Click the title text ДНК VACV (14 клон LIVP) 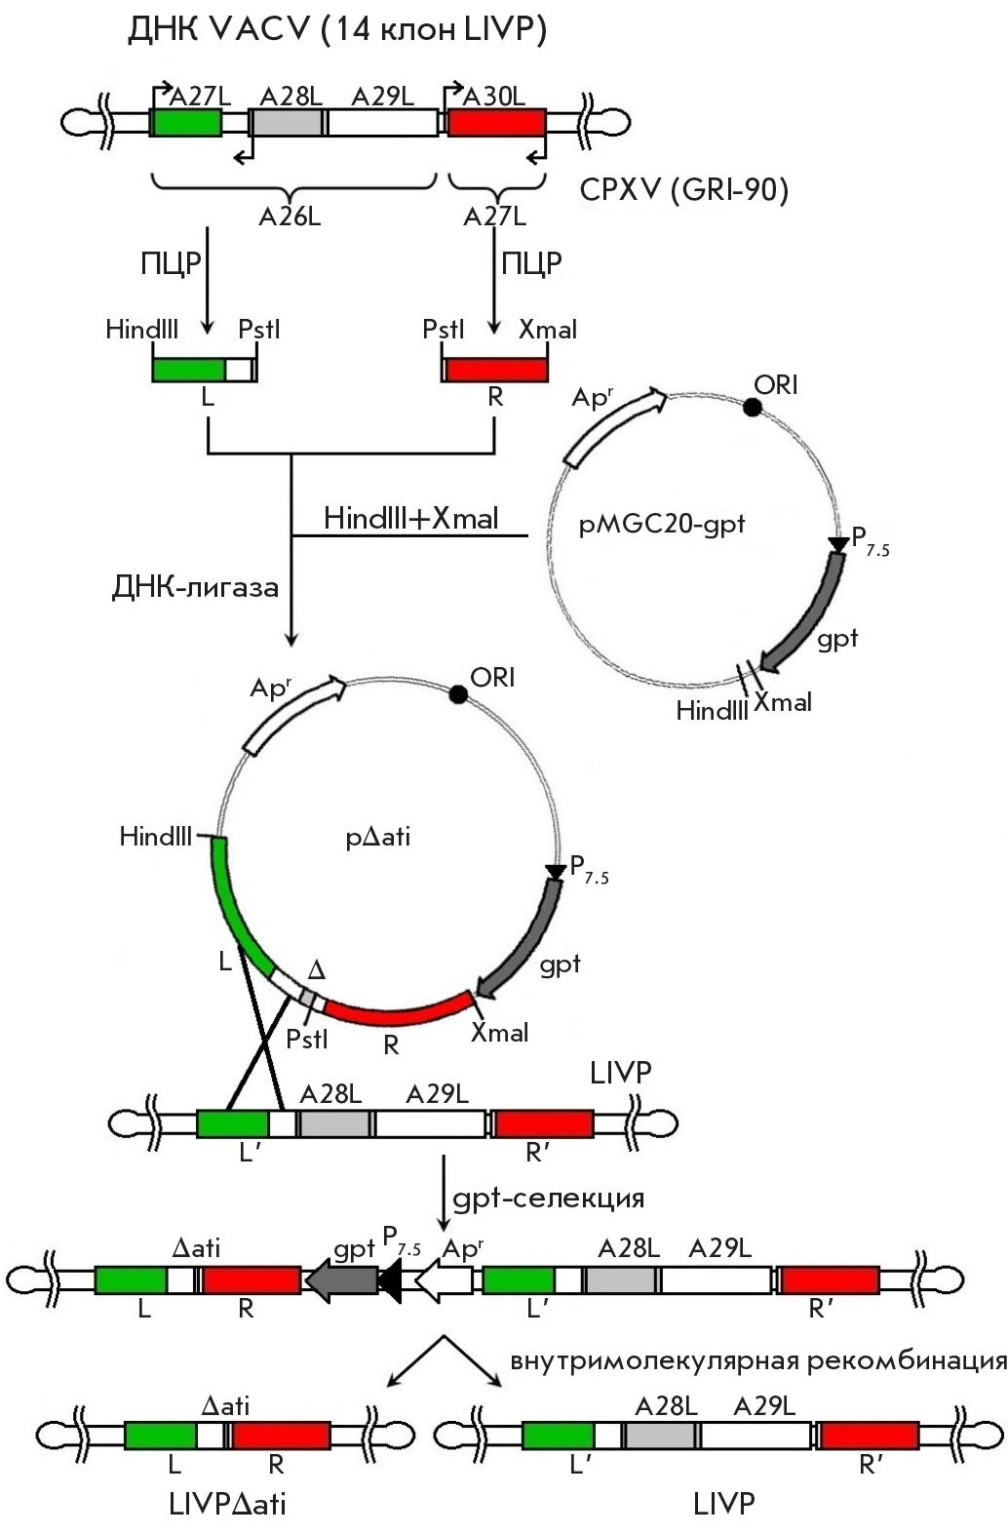(x=336, y=31)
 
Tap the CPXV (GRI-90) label (x=683, y=189)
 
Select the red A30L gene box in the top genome (x=496, y=122)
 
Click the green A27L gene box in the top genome (x=186, y=122)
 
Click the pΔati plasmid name (x=378, y=836)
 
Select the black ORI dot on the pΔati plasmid (x=457, y=694)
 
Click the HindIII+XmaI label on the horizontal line (x=410, y=518)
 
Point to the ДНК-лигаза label (x=196, y=587)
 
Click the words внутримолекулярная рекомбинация (x=757, y=1360)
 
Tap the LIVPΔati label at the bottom (x=227, y=1504)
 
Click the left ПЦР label (x=171, y=263)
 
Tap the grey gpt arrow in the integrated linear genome (x=342, y=1279)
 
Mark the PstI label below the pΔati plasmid (x=307, y=1040)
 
